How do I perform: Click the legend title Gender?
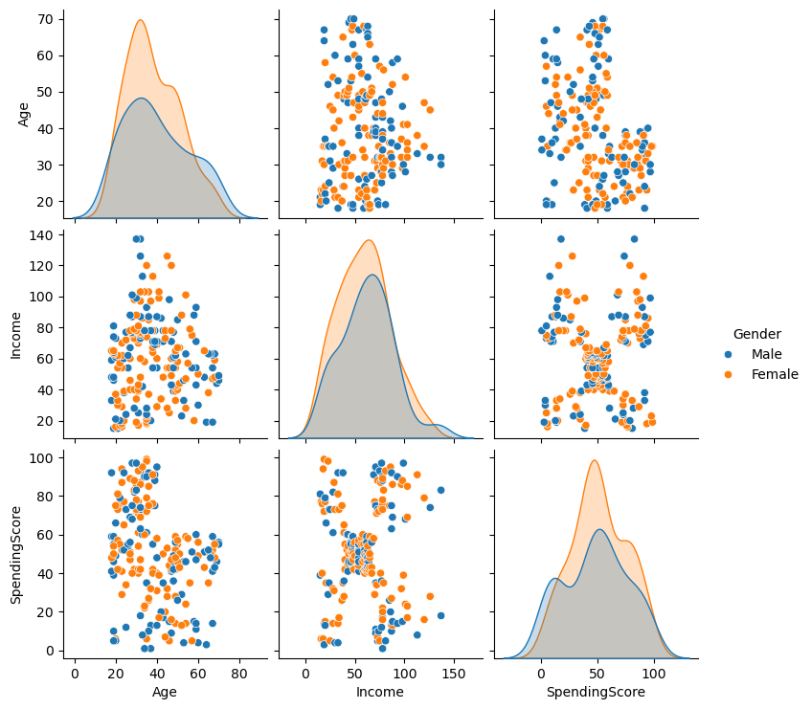pyautogui.click(x=756, y=334)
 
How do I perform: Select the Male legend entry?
pyautogui.click(x=766, y=354)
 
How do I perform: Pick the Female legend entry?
pyautogui.click(x=775, y=374)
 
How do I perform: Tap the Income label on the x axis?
pyautogui.click(x=379, y=691)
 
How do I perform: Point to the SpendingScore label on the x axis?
pyautogui.click(x=595, y=691)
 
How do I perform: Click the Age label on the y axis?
pyautogui.click(x=24, y=114)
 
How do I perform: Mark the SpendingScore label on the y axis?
pyautogui.click(x=16, y=554)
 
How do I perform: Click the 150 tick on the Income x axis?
pyautogui.click(x=453, y=672)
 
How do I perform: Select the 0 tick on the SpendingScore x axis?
pyautogui.click(x=540, y=672)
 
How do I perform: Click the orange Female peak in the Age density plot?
pyautogui.click(x=140, y=21)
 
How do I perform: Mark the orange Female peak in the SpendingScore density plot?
pyautogui.click(x=595, y=461)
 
